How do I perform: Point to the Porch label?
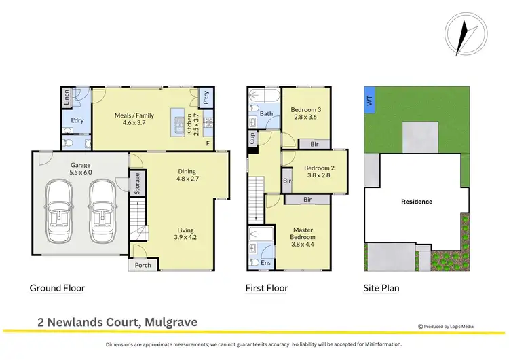pyautogui.click(x=143, y=265)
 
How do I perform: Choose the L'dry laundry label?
pyautogui.click(x=77, y=122)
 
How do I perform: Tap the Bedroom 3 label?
pyautogui.click(x=305, y=113)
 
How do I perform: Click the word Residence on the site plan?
pyautogui.click(x=417, y=202)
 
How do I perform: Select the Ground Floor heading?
pyautogui.click(x=57, y=288)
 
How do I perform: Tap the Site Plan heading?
pyautogui.click(x=381, y=288)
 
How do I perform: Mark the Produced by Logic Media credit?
pyautogui.click(x=446, y=327)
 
